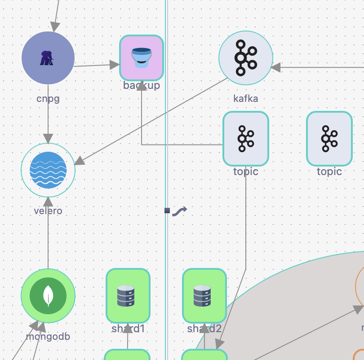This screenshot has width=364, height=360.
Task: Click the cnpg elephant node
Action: [48, 58]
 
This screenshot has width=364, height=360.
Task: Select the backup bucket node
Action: [141, 57]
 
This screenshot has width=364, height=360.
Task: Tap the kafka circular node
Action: [245, 58]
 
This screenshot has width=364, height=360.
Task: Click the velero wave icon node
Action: [48, 170]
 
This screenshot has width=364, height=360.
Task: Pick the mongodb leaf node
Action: [48, 296]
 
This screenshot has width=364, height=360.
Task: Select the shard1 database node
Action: [128, 295]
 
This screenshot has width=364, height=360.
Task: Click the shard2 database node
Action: [204, 295]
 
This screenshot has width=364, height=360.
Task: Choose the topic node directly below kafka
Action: [246, 138]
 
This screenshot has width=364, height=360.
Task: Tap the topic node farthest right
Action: [329, 138]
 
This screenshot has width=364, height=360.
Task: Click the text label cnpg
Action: [48, 98]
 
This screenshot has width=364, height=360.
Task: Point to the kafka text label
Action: [246, 98]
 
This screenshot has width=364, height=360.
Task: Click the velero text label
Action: [48, 211]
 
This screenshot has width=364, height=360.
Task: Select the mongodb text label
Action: [48, 336]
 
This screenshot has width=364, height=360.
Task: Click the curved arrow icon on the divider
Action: [179, 211]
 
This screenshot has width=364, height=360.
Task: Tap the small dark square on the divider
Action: [167, 211]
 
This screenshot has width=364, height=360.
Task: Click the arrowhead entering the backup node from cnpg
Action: [114, 65]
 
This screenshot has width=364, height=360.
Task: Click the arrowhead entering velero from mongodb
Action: [48, 202]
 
